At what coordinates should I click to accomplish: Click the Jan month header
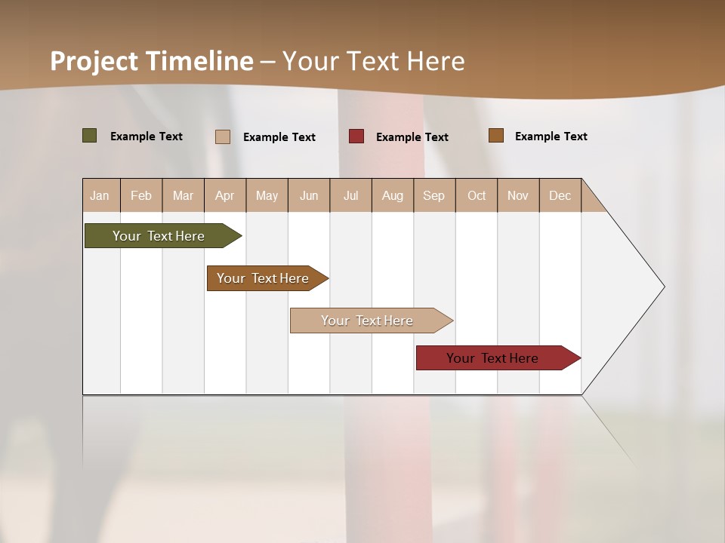coord(100,195)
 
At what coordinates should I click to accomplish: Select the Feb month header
coord(141,195)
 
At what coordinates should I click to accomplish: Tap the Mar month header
coord(183,195)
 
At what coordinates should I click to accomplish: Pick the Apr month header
coord(225,195)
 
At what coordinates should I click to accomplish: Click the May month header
coord(267,195)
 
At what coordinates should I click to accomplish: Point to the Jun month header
coord(309,195)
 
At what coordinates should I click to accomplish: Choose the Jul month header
coord(350,195)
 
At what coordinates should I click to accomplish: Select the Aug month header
coord(393,195)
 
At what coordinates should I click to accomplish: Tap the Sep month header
coord(434,195)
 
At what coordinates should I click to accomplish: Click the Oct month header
coord(477,195)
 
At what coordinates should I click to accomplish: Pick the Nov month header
coord(518,195)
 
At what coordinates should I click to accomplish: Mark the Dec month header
coord(560,195)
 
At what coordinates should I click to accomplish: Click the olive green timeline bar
coord(159,236)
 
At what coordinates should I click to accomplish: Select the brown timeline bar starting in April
coord(264,278)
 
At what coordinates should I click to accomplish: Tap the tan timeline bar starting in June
coord(368,321)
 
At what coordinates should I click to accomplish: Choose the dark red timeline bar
coord(493,358)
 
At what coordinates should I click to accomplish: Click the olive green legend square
coord(90,136)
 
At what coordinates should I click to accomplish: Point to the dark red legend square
coord(356,137)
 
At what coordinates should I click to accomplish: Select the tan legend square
coord(223,137)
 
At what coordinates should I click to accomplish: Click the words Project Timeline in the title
coord(152,61)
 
